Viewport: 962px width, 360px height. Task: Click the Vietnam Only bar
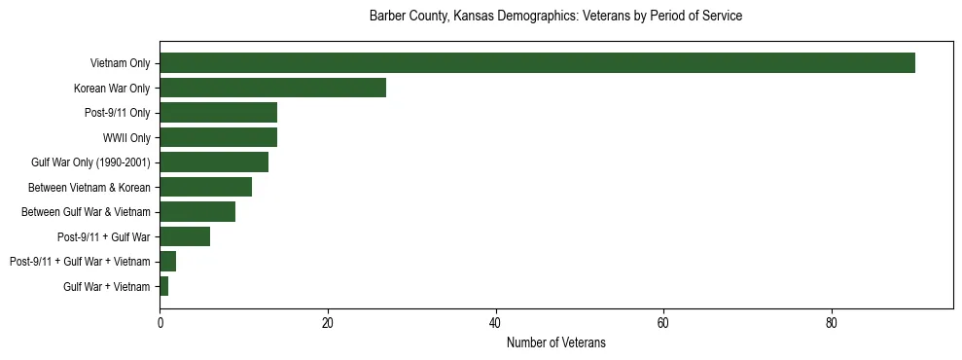(537, 63)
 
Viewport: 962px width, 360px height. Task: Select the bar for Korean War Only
(272, 88)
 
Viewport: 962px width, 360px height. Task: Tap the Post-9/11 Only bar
(218, 113)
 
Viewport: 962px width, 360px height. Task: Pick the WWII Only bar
(218, 137)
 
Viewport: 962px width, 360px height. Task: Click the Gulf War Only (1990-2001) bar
(214, 162)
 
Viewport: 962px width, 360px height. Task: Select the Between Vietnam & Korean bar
(205, 187)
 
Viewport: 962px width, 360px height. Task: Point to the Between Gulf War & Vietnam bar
(197, 212)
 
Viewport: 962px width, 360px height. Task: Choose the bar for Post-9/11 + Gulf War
(185, 236)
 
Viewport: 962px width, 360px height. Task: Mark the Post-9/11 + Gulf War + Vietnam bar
(168, 262)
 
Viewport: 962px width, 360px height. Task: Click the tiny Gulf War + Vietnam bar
(164, 286)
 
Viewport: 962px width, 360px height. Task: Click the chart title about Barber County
(555, 17)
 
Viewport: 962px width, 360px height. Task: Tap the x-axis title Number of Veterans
(555, 342)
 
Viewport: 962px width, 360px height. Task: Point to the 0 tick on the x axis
(160, 323)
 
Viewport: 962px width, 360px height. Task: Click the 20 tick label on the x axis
(328, 323)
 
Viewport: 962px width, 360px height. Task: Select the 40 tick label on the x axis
(496, 323)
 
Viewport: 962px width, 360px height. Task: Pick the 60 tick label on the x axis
(663, 323)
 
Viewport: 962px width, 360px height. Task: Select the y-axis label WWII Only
(126, 137)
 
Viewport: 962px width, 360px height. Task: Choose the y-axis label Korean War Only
(112, 88)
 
